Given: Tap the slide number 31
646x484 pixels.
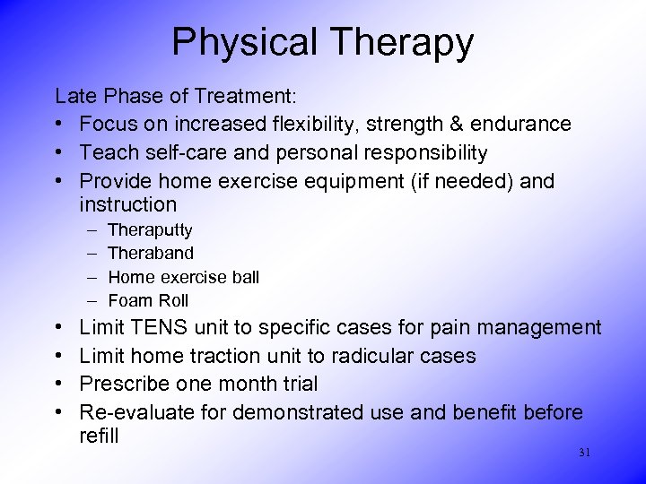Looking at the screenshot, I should [x=585, y=453].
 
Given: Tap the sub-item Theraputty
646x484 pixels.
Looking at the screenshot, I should [x=150, y=230].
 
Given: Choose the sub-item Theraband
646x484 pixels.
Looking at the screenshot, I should [x=150, y=254].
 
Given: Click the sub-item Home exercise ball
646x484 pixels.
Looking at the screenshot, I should [x=183, y=277].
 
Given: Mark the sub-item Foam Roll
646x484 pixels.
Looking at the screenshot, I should [x=148, y=300].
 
